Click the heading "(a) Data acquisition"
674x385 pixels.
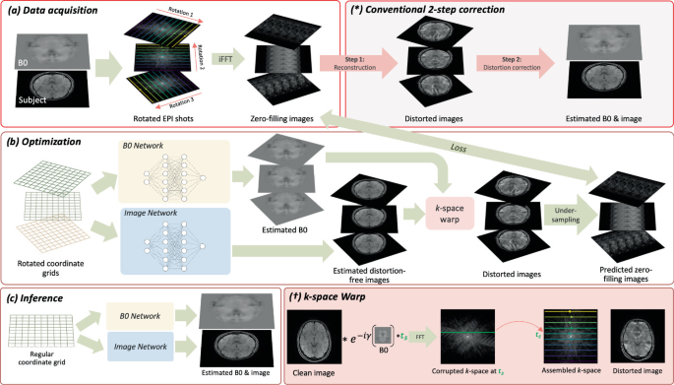pos(47,12)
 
